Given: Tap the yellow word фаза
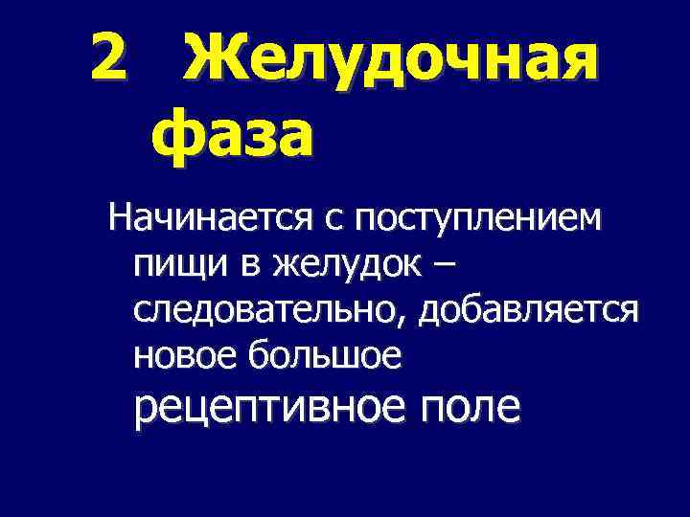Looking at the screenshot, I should point(232,136).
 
